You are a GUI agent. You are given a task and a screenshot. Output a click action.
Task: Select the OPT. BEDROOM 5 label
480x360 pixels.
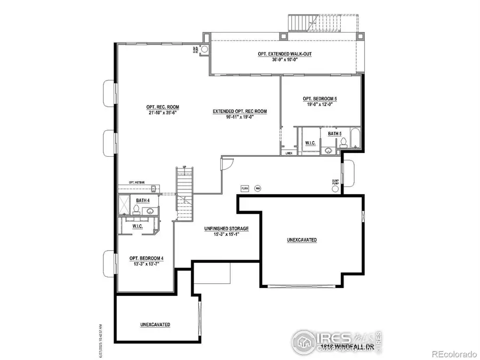(x=319, y=99)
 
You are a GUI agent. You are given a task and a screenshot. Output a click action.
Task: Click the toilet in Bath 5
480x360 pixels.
(x=345, y=142)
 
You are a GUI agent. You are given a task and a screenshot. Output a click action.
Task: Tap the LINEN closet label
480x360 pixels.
(x=289, y=153)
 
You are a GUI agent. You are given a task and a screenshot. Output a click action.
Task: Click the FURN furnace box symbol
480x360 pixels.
(x=245, y=189)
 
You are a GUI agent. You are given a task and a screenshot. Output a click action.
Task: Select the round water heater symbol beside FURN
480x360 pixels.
(x=258, y=189)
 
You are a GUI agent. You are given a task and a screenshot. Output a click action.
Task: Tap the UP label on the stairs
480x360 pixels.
(x=184, y=167)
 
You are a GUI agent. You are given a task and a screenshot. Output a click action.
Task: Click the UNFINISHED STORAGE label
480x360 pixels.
(x=227, y=229)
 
